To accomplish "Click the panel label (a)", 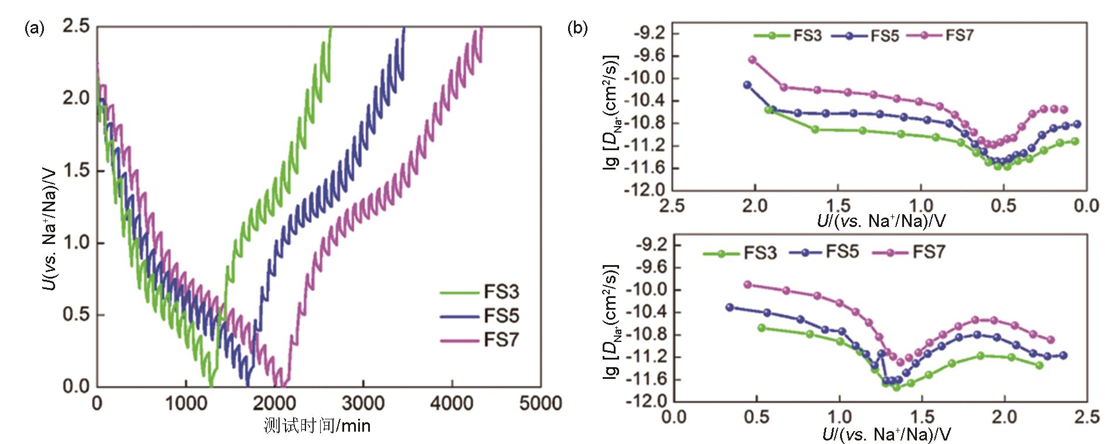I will click(x=34, y=28).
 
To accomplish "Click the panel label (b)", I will click(x=577, y=28).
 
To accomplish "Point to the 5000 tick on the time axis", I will click(x=540, y=403).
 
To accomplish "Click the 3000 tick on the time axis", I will click(x=363, y=403).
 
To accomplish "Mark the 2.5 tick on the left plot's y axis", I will click(x=76, y=26).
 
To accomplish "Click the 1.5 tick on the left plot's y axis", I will click(x=76, y=171).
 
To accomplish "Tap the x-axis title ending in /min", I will click(x=317, y=425).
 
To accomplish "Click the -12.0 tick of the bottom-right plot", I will click(x=645, y=401).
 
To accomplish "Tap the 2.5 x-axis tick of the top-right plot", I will click(x=672, y=205).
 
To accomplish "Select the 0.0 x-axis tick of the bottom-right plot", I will click(x=674, y=417).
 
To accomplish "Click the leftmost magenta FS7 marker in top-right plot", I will click(x=752, y=60).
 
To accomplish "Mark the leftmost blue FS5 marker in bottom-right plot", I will click(x=729, y=307).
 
